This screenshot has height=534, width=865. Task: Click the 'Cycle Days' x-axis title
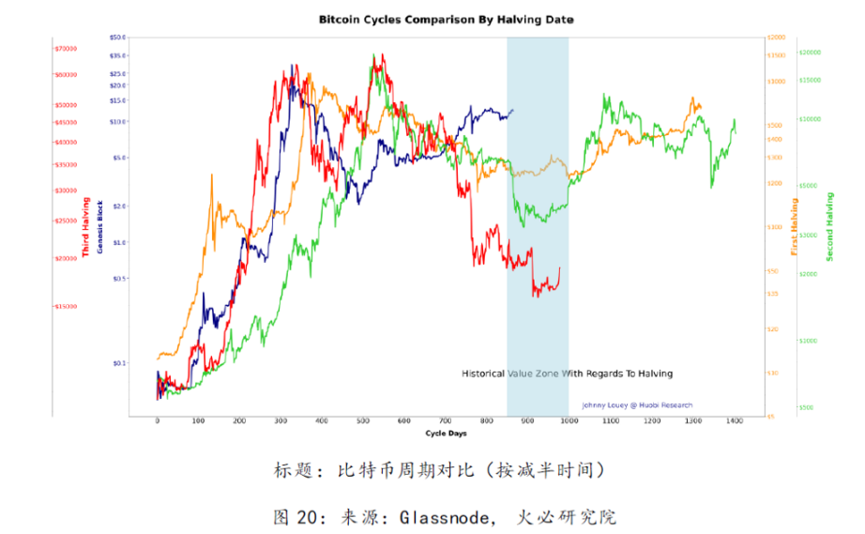[446, 433]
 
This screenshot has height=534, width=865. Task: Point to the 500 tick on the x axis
[363, 421]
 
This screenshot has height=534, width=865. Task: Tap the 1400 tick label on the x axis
[734, 421]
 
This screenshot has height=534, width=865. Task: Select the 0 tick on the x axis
[158, 421]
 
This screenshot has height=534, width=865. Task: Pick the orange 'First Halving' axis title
[795, 228]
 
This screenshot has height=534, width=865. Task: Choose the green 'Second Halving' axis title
[829, 227]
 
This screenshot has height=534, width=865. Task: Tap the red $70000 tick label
[66, 49]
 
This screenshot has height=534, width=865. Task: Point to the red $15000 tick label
[66, 307]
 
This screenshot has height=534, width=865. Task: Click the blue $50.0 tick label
[117, 38]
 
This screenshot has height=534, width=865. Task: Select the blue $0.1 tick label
[118, 363]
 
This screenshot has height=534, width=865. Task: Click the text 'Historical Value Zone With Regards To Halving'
[567, 374]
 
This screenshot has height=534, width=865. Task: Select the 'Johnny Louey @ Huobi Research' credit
[637, 405]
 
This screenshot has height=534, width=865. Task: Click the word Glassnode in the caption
[444, 516]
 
